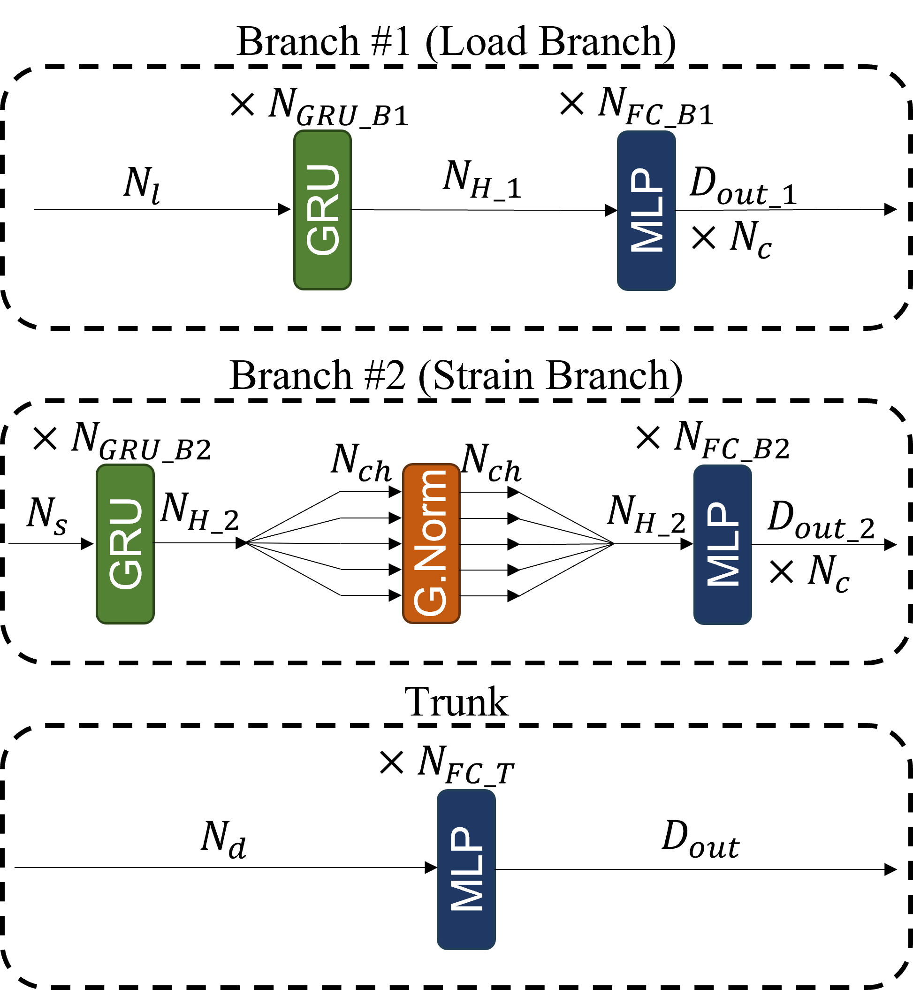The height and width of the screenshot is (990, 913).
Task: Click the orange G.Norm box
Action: [431, 543]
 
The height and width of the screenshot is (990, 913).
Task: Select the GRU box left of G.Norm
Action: [125, 544]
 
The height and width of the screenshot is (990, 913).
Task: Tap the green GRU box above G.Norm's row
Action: [322, 210]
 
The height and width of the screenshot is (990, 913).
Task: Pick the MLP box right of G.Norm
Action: [723, 544]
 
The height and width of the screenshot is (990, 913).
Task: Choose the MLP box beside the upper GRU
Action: [646, 211]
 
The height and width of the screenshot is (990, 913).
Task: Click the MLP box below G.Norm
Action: [466, 869]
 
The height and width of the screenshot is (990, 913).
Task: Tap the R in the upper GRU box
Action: [324, 209]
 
